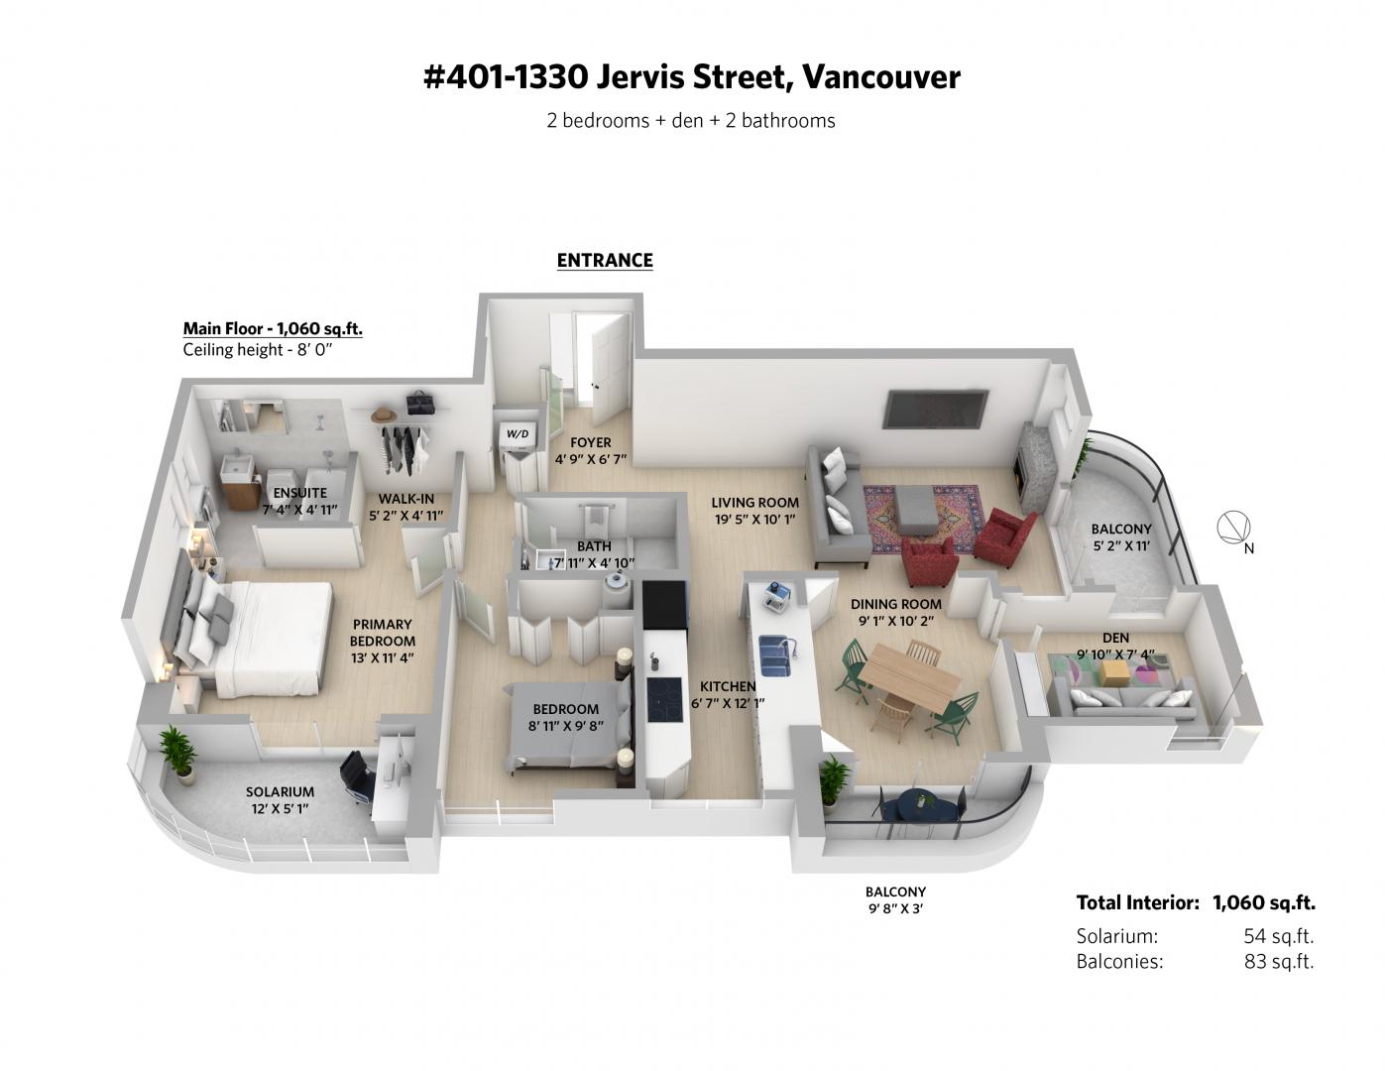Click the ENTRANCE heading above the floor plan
(x=604, y=260)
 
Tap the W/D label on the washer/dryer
(x=517, y=434)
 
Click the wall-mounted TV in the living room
(x=935, y=410)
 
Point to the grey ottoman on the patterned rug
(x=916, y=510)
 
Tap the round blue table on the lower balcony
(x=924, y=805)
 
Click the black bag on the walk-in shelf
(x=420, y=403)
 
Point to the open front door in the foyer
(x=610, y=372)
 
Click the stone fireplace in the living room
(x=1027, y=468)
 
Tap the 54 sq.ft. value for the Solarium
(x=1279, y=936)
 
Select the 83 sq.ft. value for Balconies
(x=1279, y=961)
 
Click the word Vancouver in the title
(x=880, y=77)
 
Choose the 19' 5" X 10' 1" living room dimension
(x=754, y=520)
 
